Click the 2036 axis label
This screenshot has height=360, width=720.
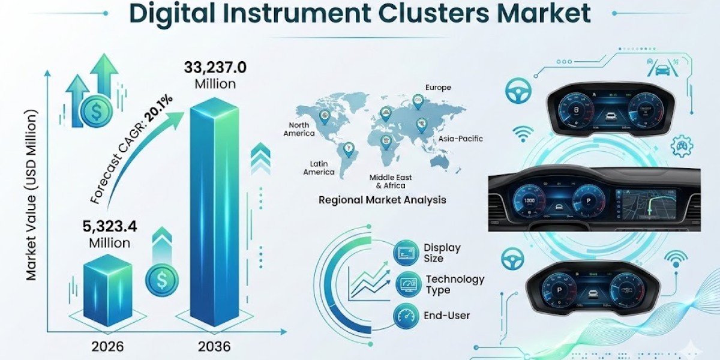click(x=214, y=346)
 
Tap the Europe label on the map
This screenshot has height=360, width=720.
click(x=438, y=88)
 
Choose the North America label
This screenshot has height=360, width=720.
click(x=299, y=129)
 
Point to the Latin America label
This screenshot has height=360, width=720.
click(x=319, y=167)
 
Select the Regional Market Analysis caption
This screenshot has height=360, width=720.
click(x=382, y=200)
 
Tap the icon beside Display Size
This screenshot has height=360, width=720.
click(x=405, y=253)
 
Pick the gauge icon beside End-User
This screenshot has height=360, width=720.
click(x=405, y=315)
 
